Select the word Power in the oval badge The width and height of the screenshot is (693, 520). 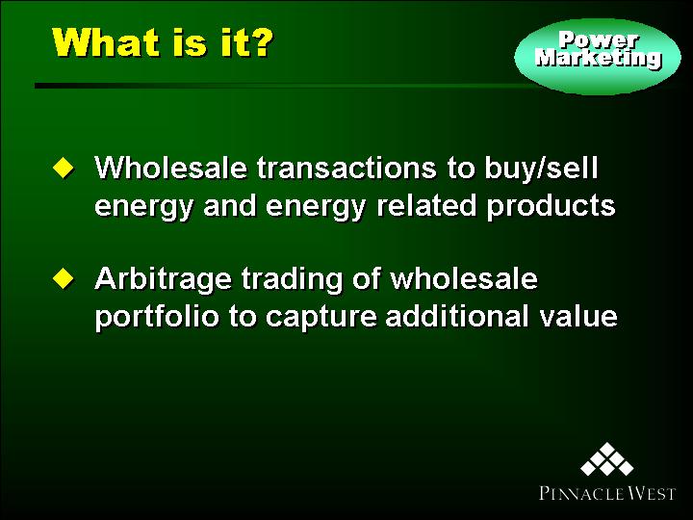[598, 40]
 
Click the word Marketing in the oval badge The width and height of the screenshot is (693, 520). [599, 58]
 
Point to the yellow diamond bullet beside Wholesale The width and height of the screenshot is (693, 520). [64, 169]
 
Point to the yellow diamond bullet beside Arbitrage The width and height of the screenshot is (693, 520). [64, 278]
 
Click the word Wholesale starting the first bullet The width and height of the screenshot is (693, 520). [170, 168]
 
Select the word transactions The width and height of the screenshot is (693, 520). [346, 169]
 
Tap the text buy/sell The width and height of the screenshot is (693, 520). [541, 168]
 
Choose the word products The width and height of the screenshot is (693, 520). [552, 207]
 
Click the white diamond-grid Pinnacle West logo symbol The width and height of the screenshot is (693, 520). [607, 459]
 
